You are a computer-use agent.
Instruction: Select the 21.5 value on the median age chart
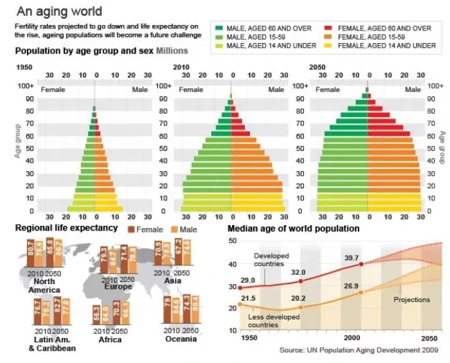click(x=249, y=298)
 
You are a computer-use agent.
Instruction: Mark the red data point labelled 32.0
click(x=300, y=281)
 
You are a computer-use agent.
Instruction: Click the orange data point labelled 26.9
click(x=361, y=292)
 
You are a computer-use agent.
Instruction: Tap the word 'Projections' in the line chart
click(x=412, y=300)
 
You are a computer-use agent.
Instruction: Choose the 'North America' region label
click(x=44, y=285)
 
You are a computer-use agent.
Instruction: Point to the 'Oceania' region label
click(x=181, y=339)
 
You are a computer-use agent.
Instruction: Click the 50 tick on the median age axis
click(x=233, y=240)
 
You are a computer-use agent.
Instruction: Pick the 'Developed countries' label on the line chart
click(x=269, y=260)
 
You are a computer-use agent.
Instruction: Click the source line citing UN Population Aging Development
click(x=360, y=351)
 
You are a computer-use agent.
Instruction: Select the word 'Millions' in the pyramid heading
click(x=172, y=51)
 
